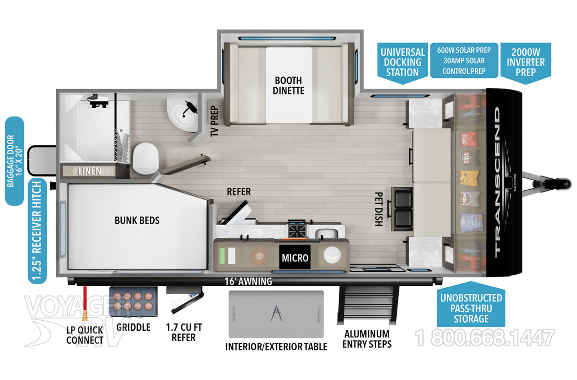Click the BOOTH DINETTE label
[x=288, y=85]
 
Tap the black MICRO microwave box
[x=295, y=258]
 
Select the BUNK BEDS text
[x=137, y=220]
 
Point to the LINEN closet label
[x=89, y=171]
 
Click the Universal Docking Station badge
[x=402, y=63]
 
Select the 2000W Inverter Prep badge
[x=525, y=62]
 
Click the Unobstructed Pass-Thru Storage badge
[x=471, y=308]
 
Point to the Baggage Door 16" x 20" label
[x=14, y=161]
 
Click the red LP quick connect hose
[x=85, y=303]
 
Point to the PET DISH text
[x=379, y=209]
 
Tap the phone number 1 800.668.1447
[x=485, y=338]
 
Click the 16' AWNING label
[x=248, y=281]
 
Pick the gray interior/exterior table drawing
[x=276, y=314]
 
